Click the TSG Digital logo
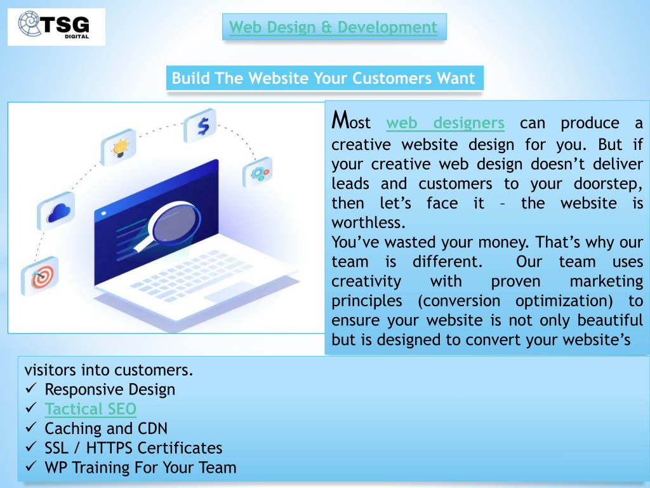coord(56,27)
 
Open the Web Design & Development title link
coord(333,27)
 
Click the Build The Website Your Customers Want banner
coord(324,78)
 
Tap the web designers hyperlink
coord(445,123)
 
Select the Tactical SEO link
coord(90,409)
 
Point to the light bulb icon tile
coord(119,147)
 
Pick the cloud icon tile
coord(56,211)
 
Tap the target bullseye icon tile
coord(40,276)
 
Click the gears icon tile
coord(258,172)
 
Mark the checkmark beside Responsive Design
coord(31,388)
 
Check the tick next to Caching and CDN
coord(31,428)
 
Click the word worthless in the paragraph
coord(368,223)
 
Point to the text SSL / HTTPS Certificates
coord(133,448)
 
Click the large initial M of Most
coord(341,120)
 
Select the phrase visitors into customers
coord(109,370)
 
